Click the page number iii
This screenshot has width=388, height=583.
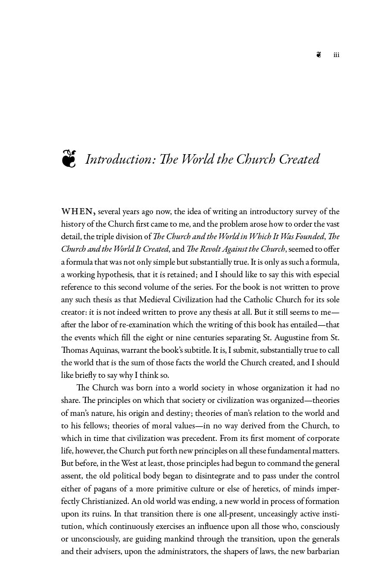coord(336,55)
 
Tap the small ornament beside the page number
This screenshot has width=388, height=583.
coord(319,54)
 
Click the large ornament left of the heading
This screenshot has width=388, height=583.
coord(69,158)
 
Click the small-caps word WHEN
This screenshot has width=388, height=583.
coord(78,212)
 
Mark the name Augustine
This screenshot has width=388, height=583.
coord(297,337)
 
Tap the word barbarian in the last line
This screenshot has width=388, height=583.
coord(323,551)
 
